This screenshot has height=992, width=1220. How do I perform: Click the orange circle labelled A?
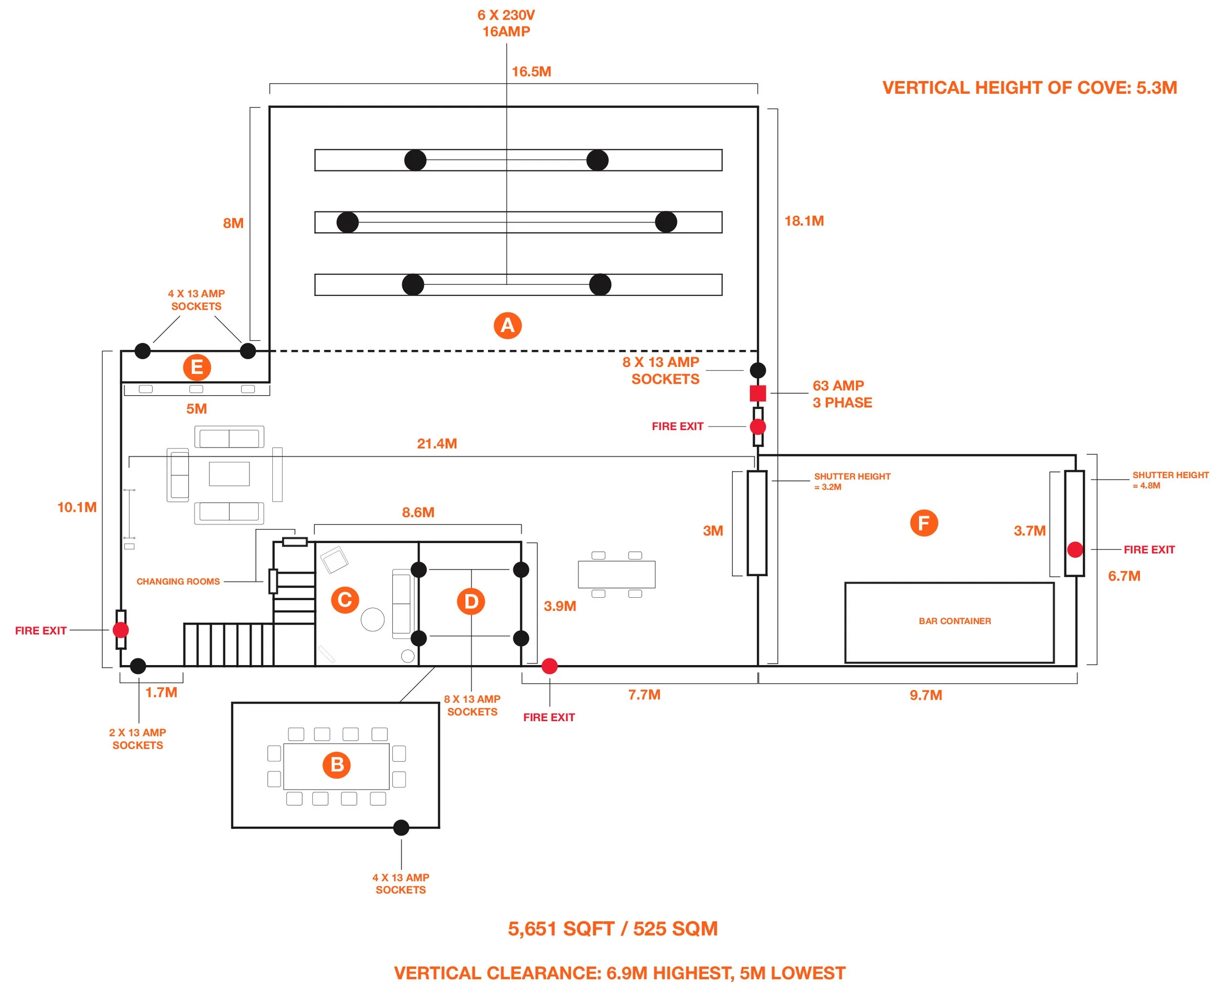click(508, 326)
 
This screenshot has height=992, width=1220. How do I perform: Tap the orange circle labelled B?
click(337, 765)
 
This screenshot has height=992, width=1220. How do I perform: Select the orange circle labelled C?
click(345, 600)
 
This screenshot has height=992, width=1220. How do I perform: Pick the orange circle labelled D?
click(471, 602)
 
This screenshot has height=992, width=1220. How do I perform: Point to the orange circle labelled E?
click(197, 367)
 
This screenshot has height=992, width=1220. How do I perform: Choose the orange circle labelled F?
click(924, 523)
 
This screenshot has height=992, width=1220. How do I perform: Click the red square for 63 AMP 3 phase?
click(758, 393)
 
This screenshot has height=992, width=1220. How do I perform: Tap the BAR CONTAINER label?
click(955, 621)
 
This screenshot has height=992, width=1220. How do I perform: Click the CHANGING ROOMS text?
click(178, 582)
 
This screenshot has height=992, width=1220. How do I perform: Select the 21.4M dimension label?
click(437, 444)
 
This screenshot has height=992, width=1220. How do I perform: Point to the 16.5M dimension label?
click(531, 71)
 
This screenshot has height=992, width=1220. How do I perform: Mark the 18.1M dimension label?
click(804, 221)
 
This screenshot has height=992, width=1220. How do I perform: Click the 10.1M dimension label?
click(77, 507)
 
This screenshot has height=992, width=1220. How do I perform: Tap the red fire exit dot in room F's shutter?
click(1075, 550)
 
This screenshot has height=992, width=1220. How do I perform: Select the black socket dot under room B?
click(401, 828)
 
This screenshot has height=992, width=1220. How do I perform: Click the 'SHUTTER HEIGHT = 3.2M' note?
click(852, 481)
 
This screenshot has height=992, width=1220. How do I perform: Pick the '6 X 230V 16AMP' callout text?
click(506, 23)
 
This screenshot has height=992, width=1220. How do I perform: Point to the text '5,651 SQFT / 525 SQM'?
click(612, 929)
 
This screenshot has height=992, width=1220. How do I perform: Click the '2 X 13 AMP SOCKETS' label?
click(138, 739)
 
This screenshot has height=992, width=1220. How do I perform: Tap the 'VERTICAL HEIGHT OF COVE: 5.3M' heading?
click(1030, 87)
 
